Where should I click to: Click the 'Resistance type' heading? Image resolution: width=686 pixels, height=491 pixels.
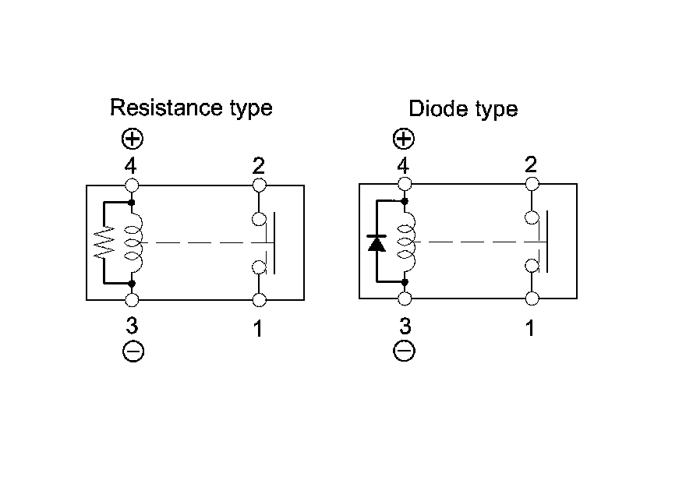coord(191,107)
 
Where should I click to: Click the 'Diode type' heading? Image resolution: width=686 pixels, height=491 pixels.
coord(463,108)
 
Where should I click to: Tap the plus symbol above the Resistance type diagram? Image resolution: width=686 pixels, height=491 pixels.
coord(133,140)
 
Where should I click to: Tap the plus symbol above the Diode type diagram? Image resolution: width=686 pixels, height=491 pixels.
coord(403,140)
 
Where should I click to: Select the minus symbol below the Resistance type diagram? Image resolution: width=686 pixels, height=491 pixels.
coord(133,351)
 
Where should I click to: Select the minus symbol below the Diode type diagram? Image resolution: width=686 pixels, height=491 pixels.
coord(404,351)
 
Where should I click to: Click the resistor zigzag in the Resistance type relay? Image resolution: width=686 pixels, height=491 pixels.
coord(104,242)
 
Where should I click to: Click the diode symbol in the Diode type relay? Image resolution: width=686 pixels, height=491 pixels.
coord(377,242)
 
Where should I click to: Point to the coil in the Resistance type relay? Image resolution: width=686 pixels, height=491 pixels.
coord(134,242)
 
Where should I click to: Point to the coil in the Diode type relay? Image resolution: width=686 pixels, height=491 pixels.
coord(405,242)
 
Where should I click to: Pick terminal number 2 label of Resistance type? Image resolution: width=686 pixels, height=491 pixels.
coord(258,166)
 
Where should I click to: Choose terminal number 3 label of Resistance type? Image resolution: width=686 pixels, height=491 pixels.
coord(133,326)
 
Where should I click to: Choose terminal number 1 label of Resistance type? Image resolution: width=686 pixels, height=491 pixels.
coord(258,329)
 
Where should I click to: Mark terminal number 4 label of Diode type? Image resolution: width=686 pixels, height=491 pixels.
coord(403,166)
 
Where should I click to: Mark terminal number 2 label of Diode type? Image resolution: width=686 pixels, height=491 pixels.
coord(530,164)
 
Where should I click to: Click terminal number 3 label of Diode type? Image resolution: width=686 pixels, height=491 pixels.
coord(404,326)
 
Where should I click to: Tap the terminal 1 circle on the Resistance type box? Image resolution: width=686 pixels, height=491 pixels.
coord(259,300)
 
